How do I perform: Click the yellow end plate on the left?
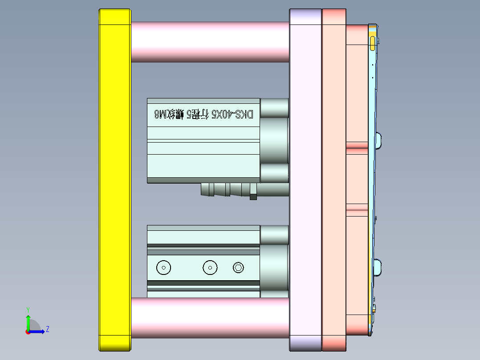click(x=114, y=178)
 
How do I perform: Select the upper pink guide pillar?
click(x=209, y=41)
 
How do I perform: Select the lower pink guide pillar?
click(x=209, y=318)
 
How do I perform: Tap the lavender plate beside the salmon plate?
click(x=305, y=178)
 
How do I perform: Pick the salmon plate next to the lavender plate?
click(x=334, y=178)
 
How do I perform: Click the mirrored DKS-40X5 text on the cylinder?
click(x=232, y=115)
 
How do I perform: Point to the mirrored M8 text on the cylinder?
click(x=159, y=115)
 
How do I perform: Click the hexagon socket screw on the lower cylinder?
click(x=239, y=268)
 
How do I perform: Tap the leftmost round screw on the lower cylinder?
click(x=164, y=268)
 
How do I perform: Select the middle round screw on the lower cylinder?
click(x=210, y=268)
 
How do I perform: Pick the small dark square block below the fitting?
click(x=253, y=196)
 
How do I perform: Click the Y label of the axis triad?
click(x=28, y=309)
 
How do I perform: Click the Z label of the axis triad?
click(x=47, y=329)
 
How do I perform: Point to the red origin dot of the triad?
click(x=28, y=332)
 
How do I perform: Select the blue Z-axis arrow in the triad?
click(x=38, y=332)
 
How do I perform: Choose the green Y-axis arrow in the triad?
click(x=28, y=322)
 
